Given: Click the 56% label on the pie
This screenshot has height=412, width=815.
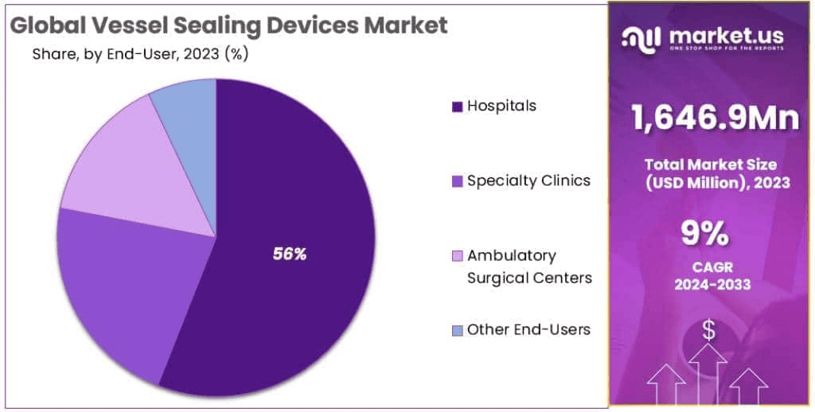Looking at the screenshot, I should (x=289, y=255).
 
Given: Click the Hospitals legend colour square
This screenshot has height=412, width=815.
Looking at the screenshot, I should (x=457, y=107).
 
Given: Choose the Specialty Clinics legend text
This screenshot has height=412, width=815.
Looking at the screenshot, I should (x=528, y=181).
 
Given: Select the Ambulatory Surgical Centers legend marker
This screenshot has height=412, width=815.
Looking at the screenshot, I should (x=457, y=256).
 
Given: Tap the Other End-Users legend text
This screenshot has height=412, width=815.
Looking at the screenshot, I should (x=528, y=329).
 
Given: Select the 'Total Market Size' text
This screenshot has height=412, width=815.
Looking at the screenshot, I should (x=711, y=165).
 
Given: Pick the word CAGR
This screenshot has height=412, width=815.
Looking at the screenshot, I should (x=706, y=267).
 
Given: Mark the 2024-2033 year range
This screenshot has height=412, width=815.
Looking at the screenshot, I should (x=706, y=285).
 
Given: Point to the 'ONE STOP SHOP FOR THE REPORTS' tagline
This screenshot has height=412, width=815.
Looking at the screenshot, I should (x=726, y=49).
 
